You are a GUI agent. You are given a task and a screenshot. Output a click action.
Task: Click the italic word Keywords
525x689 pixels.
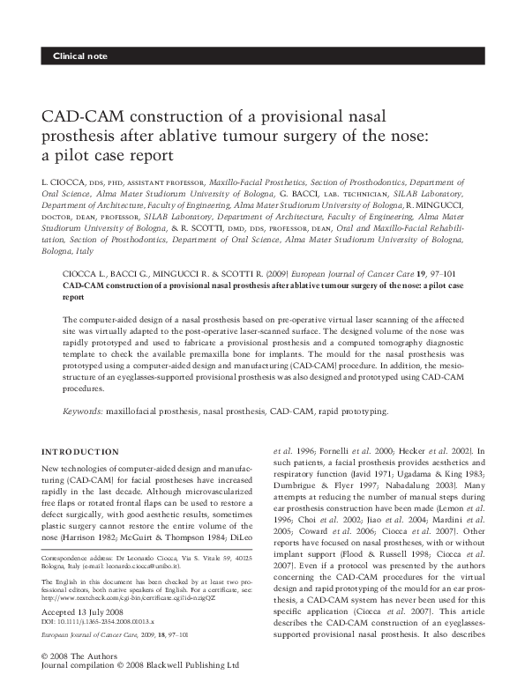[85, 411]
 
